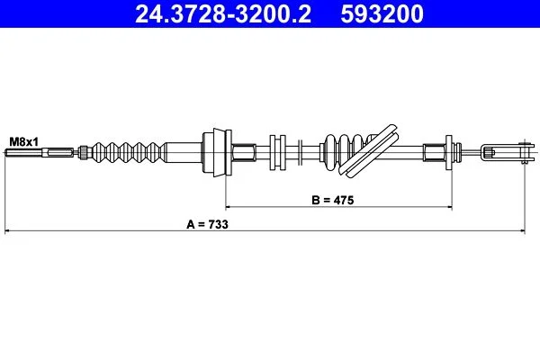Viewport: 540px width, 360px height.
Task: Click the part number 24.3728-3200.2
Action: tap(223, 14)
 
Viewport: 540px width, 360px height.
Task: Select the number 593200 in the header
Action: tap(382, 14)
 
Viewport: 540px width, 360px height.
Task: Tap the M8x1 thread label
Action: tap(24, 141)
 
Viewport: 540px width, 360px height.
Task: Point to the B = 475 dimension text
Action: tap(333, 200)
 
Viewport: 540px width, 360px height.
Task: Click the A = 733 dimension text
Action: tap(207, 224)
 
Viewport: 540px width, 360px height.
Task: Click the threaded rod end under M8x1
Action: tap(23, 152)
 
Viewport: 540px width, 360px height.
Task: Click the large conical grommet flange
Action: tap(217, 152)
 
